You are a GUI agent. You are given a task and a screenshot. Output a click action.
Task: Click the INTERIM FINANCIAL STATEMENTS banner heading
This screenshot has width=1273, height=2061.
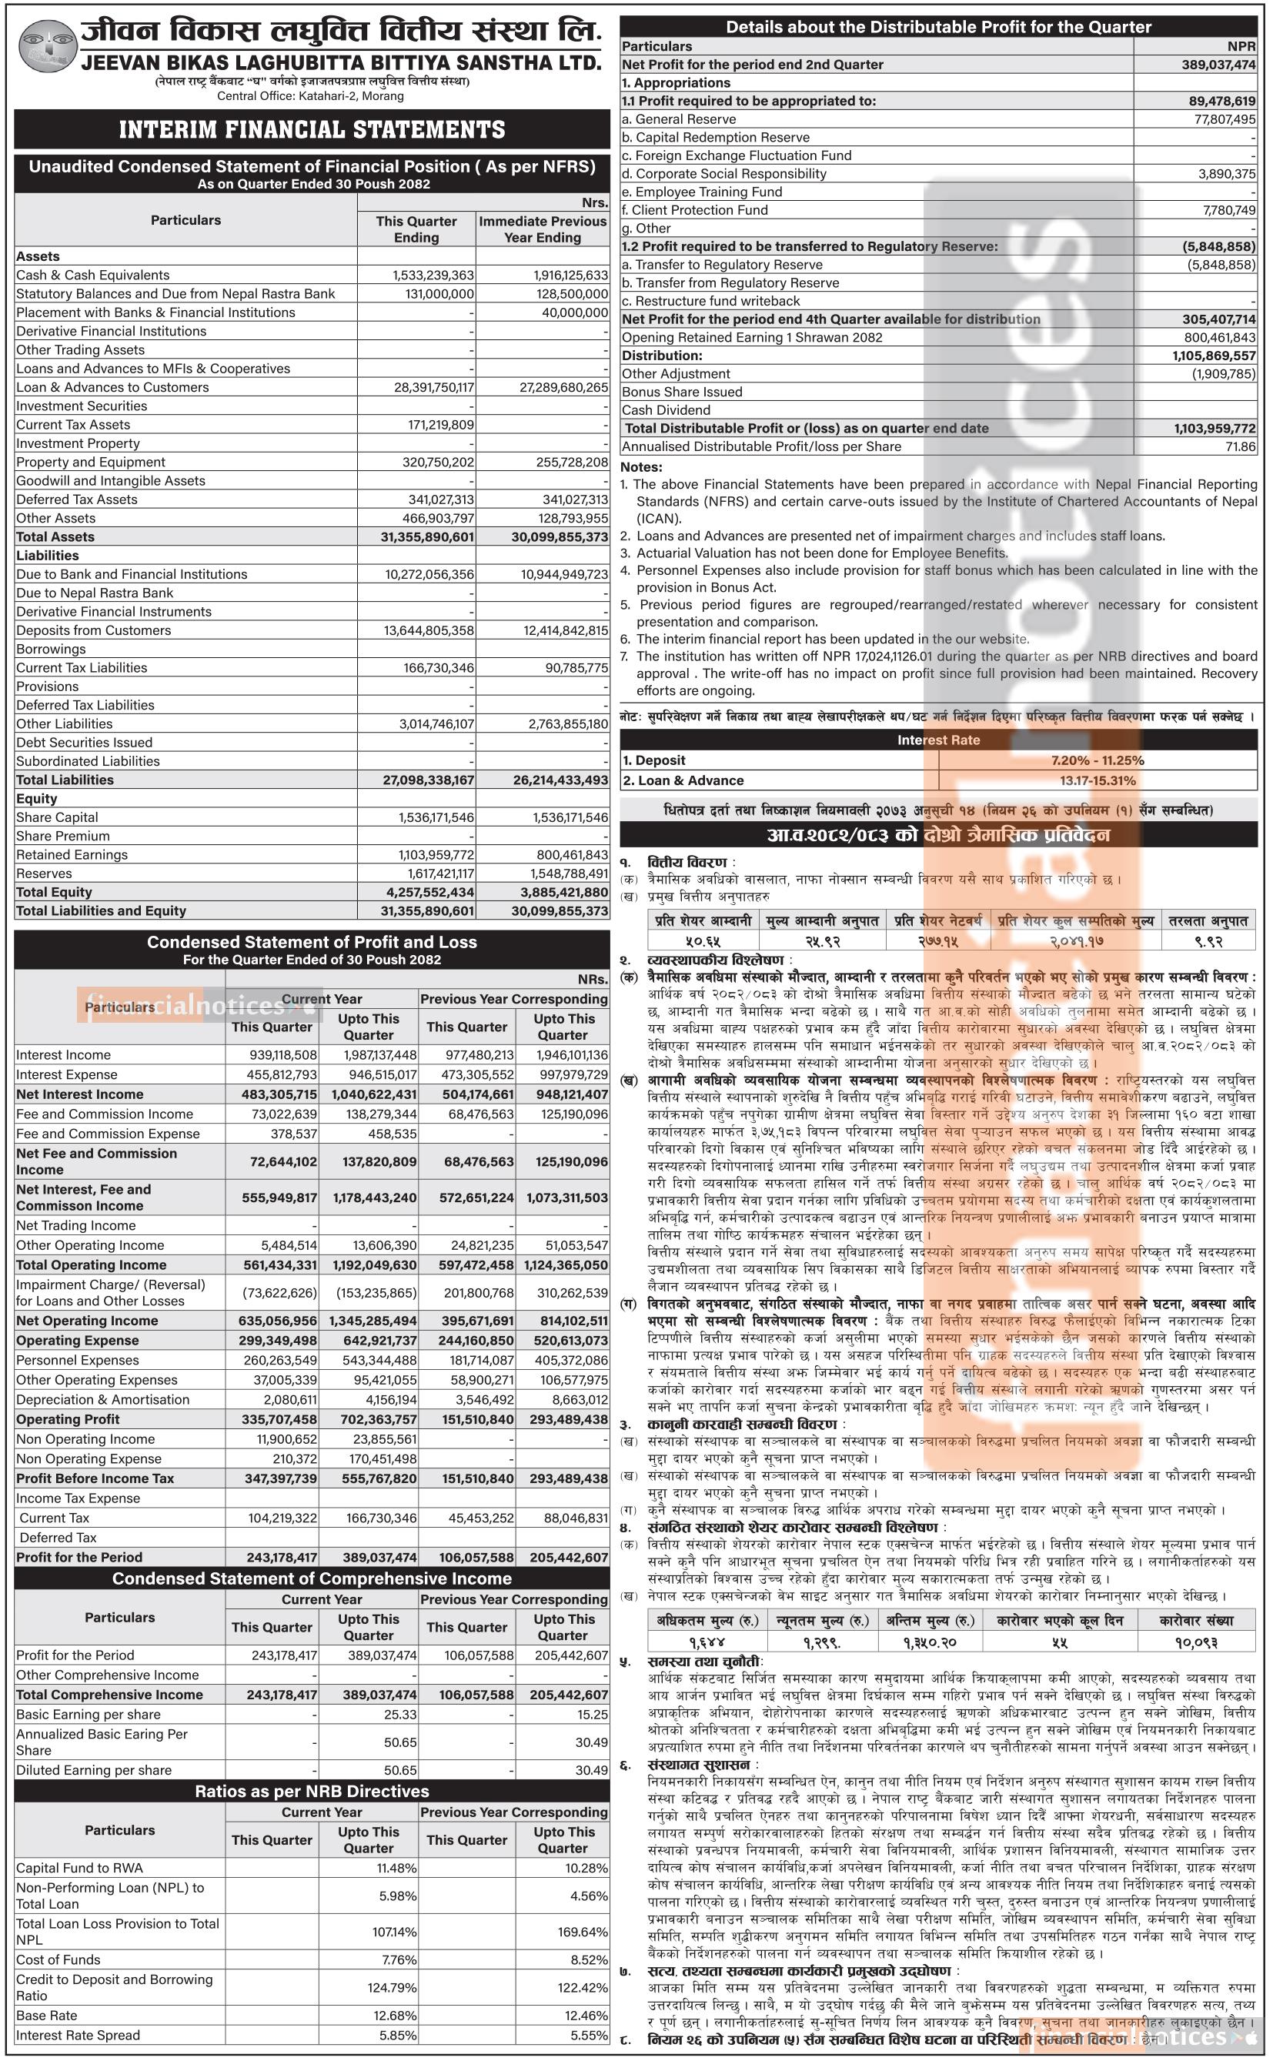[x=312, y=129]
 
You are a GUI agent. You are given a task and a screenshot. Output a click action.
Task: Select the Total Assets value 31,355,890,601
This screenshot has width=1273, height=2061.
[x=429, y=537]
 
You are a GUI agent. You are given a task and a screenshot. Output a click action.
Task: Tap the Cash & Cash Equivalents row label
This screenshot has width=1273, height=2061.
[x=92, y=276]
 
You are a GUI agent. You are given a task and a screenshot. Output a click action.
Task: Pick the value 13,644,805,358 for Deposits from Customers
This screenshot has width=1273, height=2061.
[x=429, y=630]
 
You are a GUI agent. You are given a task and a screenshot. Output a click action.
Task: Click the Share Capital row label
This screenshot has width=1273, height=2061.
[x=57, y=817]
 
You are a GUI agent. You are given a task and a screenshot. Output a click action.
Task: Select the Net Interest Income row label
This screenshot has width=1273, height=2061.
[x=80, y=1094]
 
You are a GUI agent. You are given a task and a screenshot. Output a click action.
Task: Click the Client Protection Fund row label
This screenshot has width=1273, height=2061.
[x=694, y=210]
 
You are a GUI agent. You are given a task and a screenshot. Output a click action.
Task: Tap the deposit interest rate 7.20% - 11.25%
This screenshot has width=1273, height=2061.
[x=1097, y=760]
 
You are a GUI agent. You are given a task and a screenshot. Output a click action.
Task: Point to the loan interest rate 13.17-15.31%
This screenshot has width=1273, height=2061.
[x=1097, y=780]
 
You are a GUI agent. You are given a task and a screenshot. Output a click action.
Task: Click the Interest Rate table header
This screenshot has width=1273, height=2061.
[x=938, y=740]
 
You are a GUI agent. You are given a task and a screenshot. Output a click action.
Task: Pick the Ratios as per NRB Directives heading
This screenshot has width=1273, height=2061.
[x=312, y=1792]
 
